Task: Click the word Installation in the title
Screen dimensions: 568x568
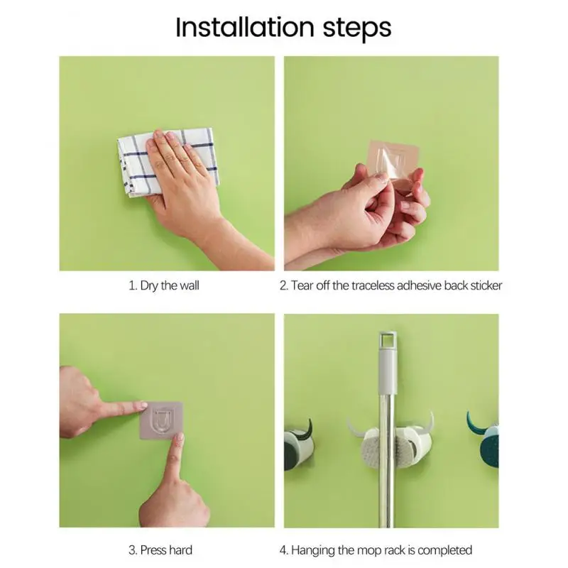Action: [245, 28]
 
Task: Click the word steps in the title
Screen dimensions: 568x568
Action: [357, 29]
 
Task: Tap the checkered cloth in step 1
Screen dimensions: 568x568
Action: [168, 162]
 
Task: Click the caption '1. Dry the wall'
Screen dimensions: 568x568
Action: [164, 285]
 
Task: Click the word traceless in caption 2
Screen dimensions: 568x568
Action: [373, 285]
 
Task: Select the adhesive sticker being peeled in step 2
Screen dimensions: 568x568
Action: [393, 165]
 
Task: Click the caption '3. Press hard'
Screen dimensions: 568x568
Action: [160, 550]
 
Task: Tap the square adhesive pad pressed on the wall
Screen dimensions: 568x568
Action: [161, 420]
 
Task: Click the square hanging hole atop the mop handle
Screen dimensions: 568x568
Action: [388, 339]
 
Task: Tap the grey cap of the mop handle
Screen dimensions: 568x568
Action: [388, 362]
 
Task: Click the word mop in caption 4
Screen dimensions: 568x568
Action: [369, 551]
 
